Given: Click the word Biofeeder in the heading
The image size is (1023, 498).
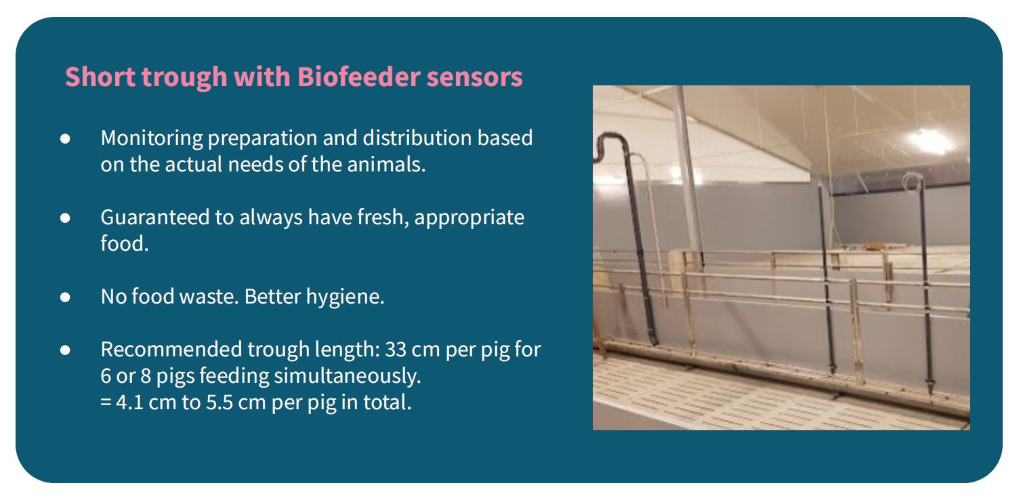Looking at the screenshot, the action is [x=358, y=77].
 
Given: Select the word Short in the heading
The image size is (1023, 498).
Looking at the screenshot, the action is [x=100, y=77].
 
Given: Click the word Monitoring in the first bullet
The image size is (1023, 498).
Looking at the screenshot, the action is [x=152, y=138].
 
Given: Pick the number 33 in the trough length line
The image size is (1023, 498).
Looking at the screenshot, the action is [x=396, y=350].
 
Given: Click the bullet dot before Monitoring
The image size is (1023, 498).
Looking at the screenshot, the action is [x=65, y=138].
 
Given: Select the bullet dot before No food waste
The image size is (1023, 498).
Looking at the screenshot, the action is [x=65, y=297].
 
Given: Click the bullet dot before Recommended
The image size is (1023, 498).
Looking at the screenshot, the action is [x=65, y=350].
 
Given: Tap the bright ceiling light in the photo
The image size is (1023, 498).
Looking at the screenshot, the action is [x=930, y=140].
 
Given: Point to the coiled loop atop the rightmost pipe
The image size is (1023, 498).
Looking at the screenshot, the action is [x=913, y=182].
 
